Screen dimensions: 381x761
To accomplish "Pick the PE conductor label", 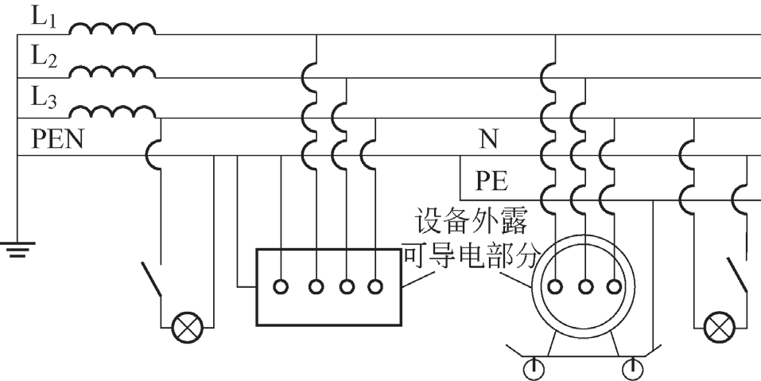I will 493,181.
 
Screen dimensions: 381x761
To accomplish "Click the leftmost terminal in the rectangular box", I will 282,286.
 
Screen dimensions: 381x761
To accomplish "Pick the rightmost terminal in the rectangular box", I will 375,286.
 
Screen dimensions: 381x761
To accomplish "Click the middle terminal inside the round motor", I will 585,286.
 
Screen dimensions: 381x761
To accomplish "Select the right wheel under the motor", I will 635,368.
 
